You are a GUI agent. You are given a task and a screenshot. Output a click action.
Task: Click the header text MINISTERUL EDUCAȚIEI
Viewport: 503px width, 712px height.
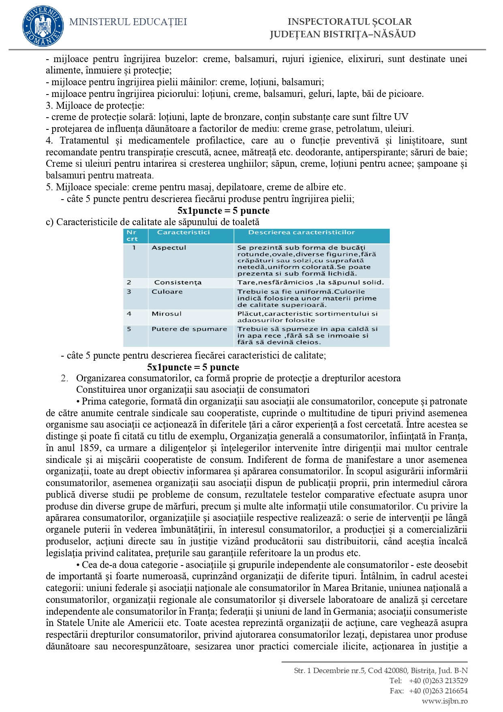click(128, 22)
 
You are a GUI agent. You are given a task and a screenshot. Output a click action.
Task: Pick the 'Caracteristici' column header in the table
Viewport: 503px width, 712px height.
click(183, 232)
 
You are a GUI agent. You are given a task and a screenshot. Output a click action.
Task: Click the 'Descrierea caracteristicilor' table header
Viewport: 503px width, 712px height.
click(301, 232)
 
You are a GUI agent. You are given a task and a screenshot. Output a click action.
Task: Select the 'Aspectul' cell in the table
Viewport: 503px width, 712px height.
click(169, 247)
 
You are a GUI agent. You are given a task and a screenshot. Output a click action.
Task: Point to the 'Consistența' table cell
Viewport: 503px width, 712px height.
click(178, 282)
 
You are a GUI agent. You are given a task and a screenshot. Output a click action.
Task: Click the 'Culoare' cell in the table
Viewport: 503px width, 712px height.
click(167, 292)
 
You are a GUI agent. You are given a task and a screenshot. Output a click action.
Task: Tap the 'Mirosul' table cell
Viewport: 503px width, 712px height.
click(167, 314)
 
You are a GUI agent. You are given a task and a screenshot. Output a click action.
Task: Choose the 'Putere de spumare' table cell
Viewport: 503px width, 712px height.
click(189, 329)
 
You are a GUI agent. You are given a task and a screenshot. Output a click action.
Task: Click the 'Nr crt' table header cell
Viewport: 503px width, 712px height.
click(132, 236)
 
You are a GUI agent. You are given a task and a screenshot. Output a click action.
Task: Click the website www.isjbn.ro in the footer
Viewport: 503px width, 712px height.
click(445, 701)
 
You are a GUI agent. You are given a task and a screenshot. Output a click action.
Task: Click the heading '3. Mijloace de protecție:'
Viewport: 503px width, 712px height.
click(95, 105)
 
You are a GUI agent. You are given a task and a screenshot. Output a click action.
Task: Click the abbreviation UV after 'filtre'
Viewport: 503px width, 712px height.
click(401, 117)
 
